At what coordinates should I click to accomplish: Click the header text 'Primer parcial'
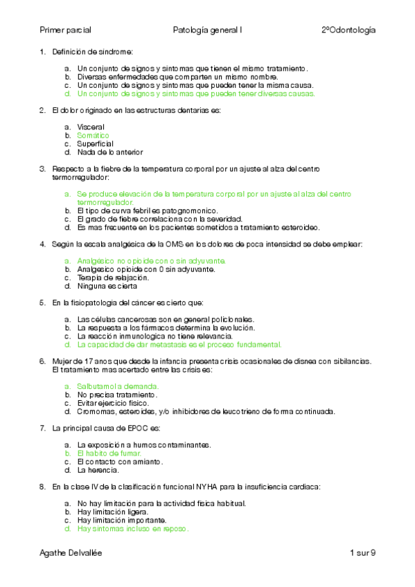pos(66,30)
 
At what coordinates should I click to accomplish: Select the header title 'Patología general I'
pos(207,30)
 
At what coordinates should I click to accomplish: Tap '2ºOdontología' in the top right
pos(348,30)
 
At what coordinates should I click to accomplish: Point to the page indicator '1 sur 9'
pos(363,552)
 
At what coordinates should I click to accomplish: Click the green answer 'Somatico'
pos(94,136)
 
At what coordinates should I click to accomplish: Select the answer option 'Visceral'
pos(91,127)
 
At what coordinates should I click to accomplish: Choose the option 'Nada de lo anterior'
pos(110,152)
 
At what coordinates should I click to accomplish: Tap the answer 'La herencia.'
pos(99,469)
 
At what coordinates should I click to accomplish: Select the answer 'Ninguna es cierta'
pos(107,286)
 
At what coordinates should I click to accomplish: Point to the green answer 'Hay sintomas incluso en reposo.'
pos(133,528)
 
